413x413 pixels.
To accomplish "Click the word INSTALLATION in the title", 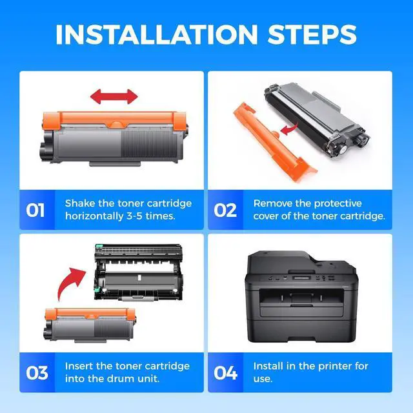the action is point(156,34).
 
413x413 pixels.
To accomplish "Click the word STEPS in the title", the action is point(312,34).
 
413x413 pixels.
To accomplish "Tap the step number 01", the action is point(35,210).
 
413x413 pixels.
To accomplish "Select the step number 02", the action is point(225,210).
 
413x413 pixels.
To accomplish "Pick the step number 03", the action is point(37,373).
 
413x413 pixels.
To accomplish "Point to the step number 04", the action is point(225,373).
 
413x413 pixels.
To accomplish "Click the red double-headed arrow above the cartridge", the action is point(114,96).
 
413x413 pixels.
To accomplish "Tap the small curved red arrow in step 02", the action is point(289,128).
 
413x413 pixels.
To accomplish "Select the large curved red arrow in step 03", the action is point(70,285).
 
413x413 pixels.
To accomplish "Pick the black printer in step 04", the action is point(301,297).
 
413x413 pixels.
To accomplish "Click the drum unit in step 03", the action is point(138,272).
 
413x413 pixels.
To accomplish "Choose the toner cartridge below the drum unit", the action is point(90,325).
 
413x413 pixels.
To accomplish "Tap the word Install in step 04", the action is point(267,366).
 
